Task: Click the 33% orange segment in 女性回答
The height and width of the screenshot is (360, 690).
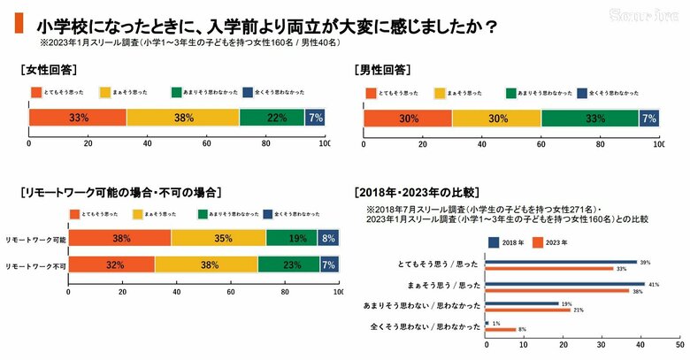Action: coord(78,118)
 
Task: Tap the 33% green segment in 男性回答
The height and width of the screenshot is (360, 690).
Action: coord(590,118)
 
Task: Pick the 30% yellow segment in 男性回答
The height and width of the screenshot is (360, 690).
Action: coord(496,118)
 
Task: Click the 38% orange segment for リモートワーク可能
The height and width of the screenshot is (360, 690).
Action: coord(120,237)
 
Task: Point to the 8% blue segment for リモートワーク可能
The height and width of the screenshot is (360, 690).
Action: coord(328,237)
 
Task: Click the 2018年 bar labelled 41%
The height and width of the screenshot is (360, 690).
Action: coord(564,284)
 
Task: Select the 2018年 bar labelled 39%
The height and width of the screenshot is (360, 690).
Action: coord(561,262)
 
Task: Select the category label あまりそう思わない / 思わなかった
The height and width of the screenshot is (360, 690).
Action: coord(421,305)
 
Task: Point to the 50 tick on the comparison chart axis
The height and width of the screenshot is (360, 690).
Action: coord(678,347)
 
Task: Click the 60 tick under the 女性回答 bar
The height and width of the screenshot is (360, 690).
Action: coord(205,143)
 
